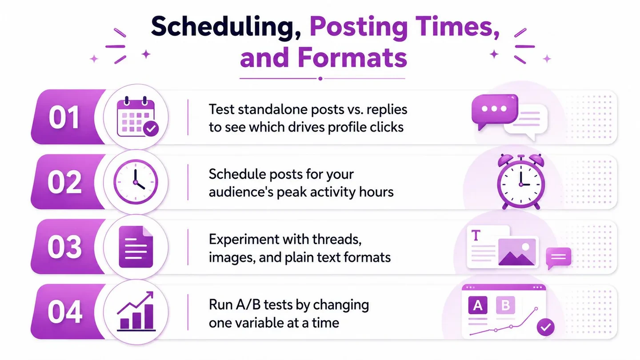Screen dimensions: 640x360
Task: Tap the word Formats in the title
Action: (352, 57)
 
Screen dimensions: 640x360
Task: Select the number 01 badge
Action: (64, 117)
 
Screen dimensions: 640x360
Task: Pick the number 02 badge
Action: (64, 182)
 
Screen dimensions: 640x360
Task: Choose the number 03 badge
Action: (64, 247)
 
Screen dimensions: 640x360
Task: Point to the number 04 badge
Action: (65, 312)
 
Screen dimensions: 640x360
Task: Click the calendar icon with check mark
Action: (138, 117)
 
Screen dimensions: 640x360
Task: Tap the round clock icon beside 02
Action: (136, 182)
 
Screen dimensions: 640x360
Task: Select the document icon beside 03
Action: (136, 247)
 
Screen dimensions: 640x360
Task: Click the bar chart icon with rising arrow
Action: (136, 312)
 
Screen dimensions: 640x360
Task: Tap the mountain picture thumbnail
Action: (517, 252)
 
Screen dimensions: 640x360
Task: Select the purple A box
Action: (478, 305)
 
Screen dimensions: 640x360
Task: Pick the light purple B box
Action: (505, 305)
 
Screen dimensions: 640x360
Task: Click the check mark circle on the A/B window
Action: (545, 327)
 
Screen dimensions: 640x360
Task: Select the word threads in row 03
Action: (337, 240)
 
